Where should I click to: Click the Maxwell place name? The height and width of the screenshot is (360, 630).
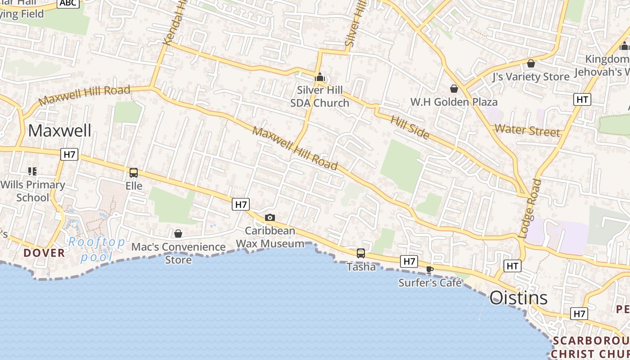point(59,130)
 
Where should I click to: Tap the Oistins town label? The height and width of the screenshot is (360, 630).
point(518,297)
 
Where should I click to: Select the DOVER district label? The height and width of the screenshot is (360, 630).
point(45,253)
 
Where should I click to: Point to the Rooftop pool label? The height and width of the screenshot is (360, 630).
point(96,249)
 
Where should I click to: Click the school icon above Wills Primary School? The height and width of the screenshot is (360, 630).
point(32,171)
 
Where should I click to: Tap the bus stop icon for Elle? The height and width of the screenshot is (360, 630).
point(134,173)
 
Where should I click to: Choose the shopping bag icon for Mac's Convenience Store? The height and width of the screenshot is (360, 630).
point(178,234)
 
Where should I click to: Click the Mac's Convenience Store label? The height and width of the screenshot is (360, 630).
point(178,253)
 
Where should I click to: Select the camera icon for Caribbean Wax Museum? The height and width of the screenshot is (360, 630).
point(270,218)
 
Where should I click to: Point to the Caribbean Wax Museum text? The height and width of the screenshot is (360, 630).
point(270,237)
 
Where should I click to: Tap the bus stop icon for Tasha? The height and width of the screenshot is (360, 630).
point(361,253)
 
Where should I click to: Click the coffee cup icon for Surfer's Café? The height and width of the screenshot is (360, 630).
point(430,270)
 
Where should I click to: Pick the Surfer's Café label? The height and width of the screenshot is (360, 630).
point(430,283)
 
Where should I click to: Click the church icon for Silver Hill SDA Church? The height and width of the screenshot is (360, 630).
point(320,77)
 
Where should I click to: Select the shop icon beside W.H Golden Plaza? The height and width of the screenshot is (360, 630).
point(454,89)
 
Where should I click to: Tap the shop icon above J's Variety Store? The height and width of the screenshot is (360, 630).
point(531,63)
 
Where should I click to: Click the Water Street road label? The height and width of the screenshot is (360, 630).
point(527,130)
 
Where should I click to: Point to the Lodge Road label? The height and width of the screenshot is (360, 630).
point(530,208)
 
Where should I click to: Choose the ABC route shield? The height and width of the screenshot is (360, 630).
point(68,3)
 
